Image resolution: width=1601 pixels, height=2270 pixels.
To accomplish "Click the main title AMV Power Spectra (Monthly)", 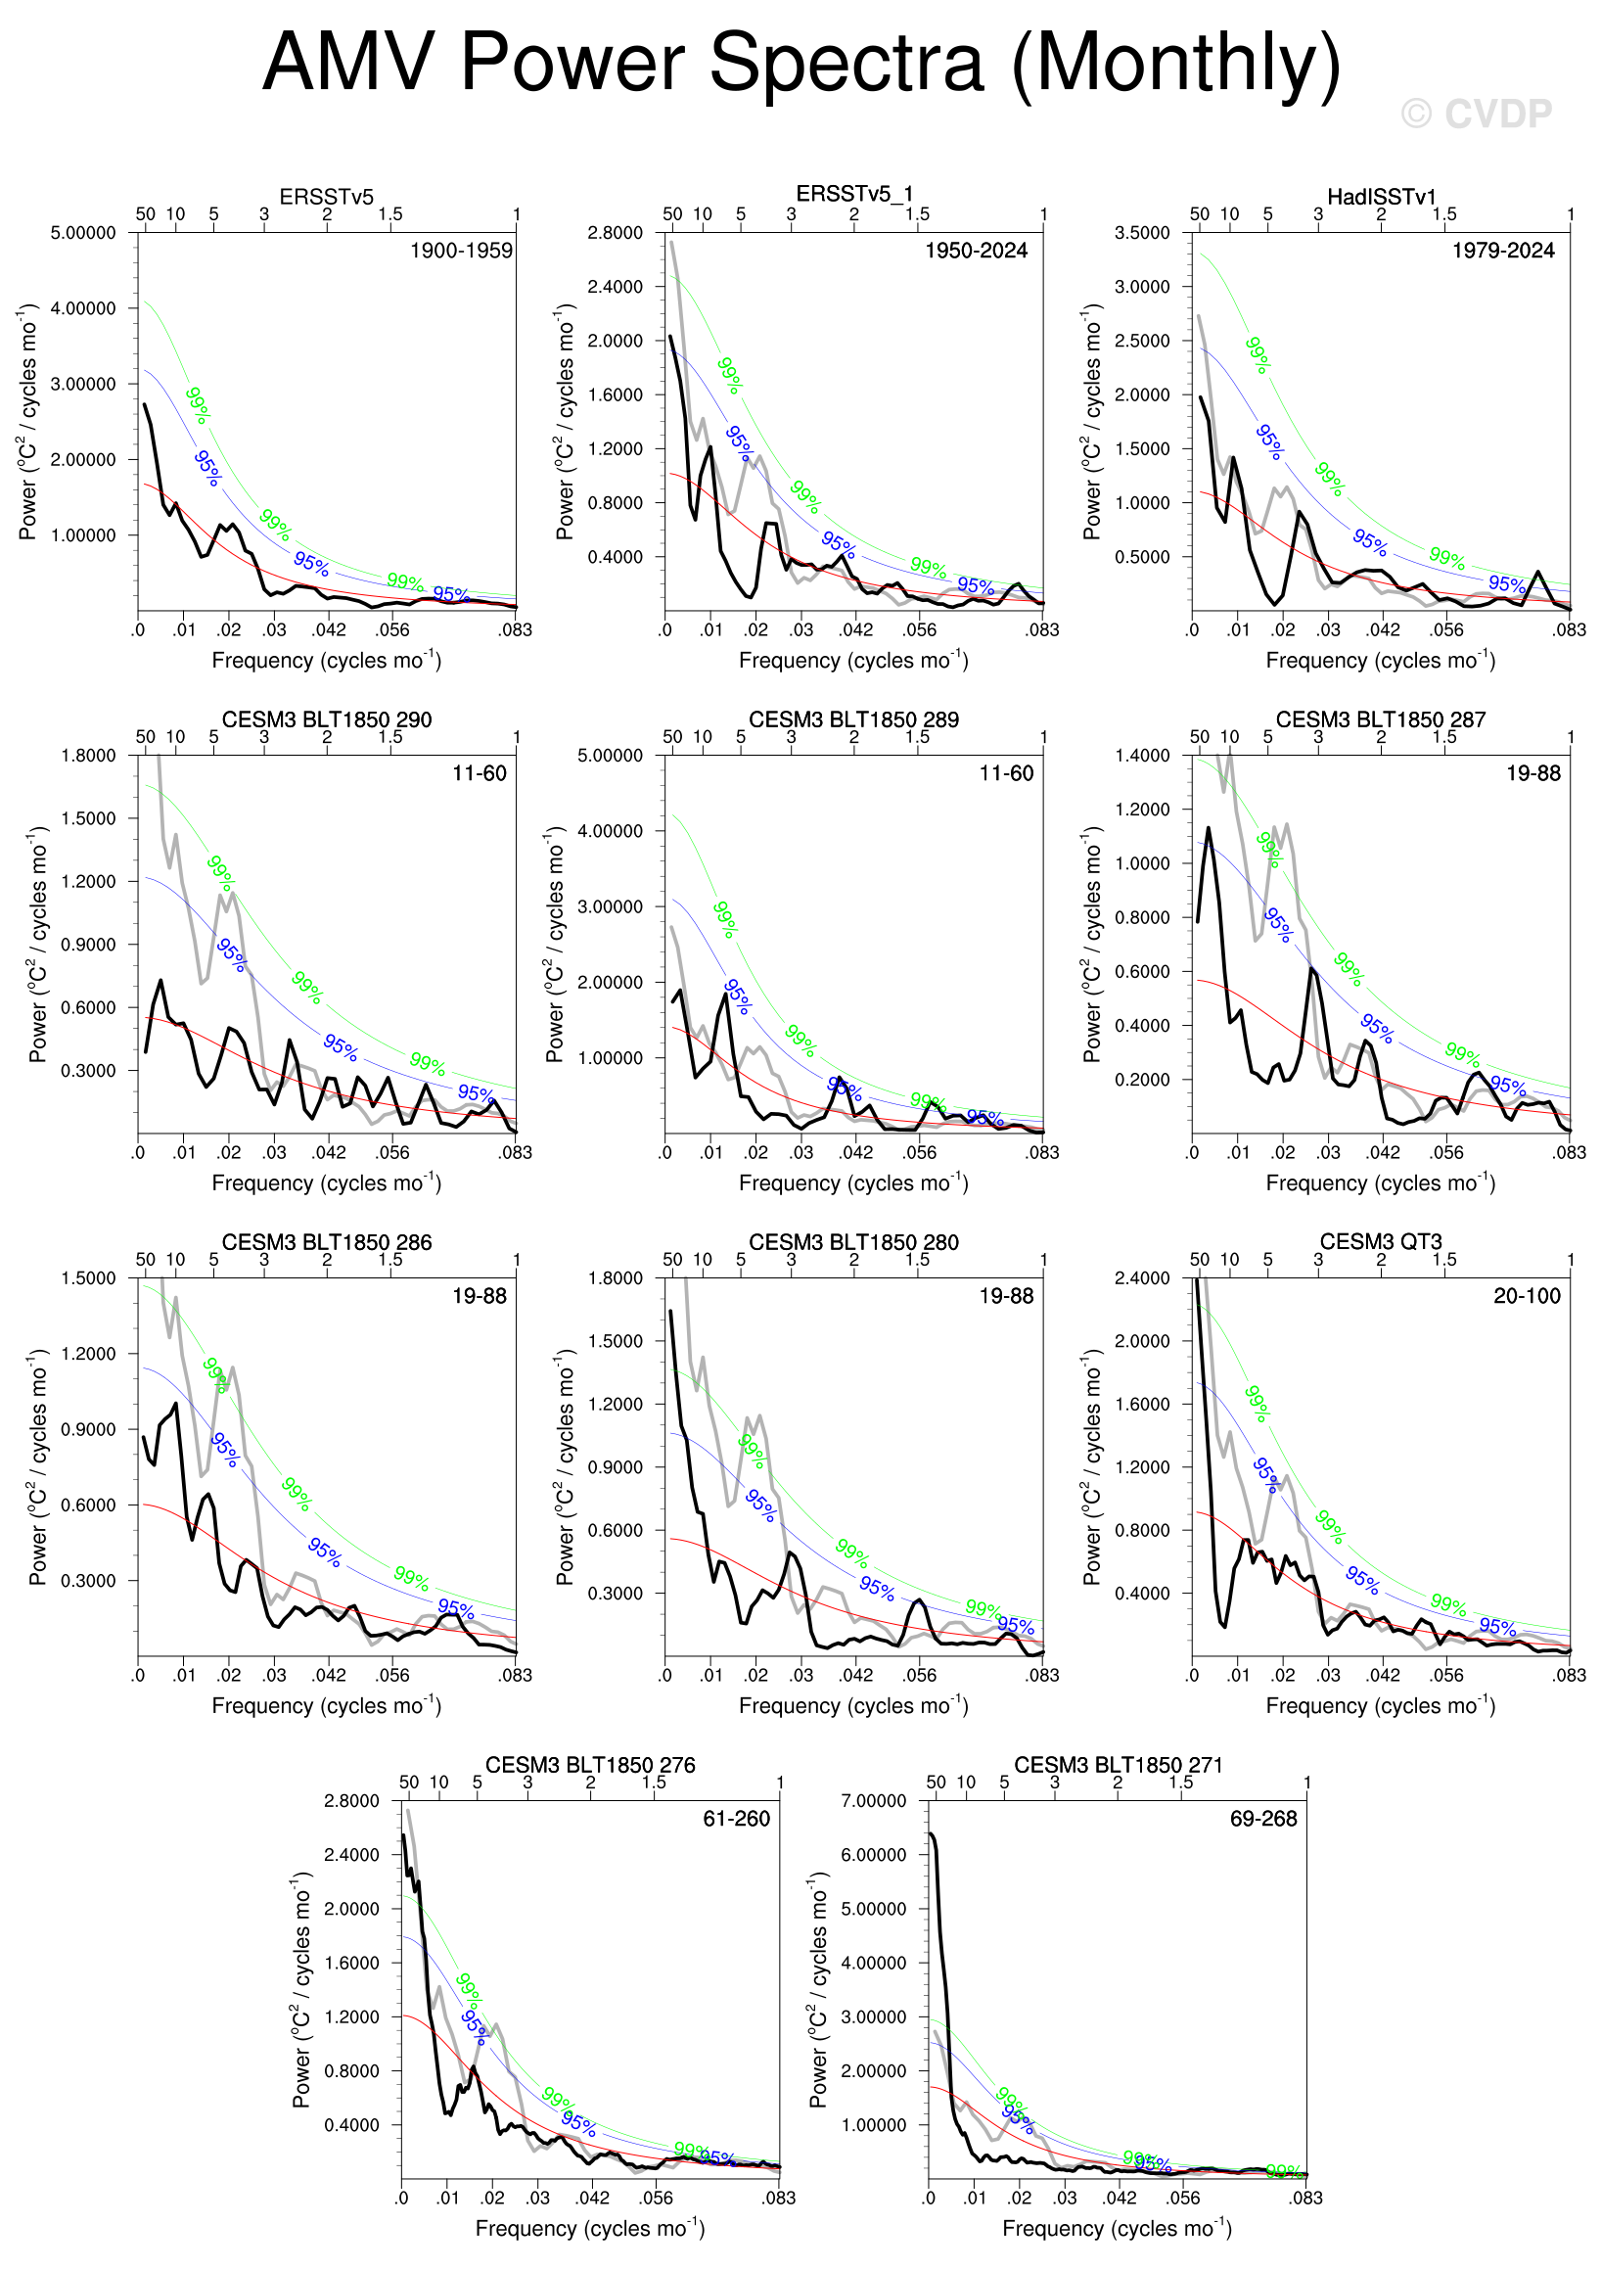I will (800, 63).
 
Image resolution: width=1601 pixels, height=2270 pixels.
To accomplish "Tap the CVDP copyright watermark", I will (1477, 115).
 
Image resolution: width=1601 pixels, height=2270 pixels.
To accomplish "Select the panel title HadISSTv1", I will (1381, 197).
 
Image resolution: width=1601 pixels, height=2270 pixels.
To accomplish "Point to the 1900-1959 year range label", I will (462, 252).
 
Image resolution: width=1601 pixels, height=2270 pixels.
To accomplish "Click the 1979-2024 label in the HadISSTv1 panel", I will (1502, 252).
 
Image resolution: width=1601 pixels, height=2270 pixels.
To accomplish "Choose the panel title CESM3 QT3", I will (1381, 1242).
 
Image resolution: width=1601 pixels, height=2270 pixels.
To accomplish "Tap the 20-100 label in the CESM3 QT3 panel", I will (1526, 1296).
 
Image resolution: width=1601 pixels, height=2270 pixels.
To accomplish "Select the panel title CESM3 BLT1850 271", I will (1118, 1765).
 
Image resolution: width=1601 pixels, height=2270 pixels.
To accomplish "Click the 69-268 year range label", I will (1262, 1819).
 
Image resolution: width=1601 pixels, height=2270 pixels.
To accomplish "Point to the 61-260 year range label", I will (735, 1819).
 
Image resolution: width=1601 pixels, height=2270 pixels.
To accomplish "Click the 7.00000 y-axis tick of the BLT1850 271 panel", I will (873, 1801).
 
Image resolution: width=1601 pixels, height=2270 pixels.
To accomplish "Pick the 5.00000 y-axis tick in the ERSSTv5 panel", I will (83, 233).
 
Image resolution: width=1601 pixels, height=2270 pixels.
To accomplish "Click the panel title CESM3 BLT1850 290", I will (326, 719).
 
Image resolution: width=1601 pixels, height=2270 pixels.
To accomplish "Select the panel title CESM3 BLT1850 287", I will (1381, 719).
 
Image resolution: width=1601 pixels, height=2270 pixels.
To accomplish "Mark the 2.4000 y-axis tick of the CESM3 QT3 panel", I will (1141, 1278).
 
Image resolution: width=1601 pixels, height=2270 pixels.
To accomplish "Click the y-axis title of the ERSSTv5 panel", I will (27, 422).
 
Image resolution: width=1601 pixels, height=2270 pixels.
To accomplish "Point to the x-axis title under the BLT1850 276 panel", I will (590, 2228).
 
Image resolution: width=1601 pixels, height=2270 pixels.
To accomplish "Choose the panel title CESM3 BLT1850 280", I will (853, 1242).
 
